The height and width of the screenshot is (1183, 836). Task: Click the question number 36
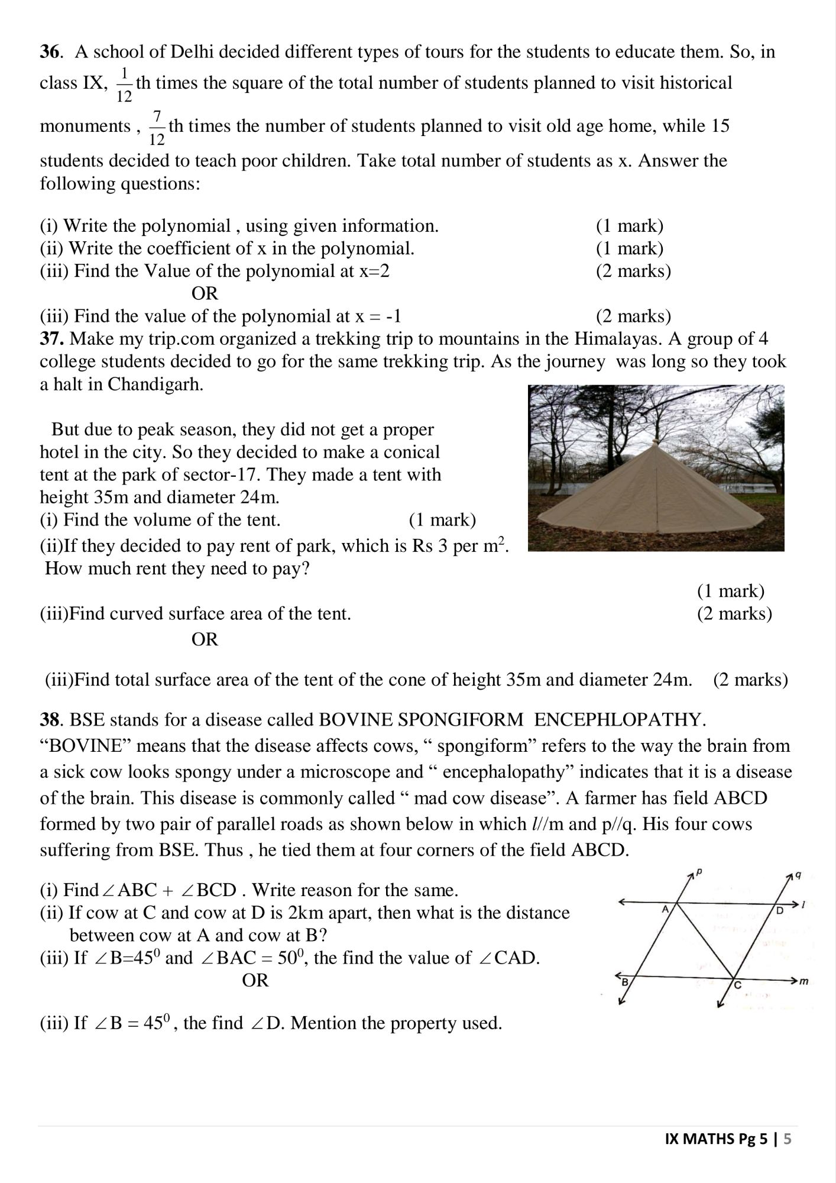click(50, 52)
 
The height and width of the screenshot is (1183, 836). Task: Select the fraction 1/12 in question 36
click(124, 85)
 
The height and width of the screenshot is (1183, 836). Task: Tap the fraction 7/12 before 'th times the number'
click(157, 128)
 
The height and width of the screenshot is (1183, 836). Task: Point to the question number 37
click(53, 339)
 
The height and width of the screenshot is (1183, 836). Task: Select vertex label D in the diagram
click(779, 910)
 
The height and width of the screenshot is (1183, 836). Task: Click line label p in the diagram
click(699, 872)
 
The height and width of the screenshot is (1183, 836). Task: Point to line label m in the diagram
click(803, 982)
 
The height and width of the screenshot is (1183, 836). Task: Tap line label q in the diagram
click(798, 875)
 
